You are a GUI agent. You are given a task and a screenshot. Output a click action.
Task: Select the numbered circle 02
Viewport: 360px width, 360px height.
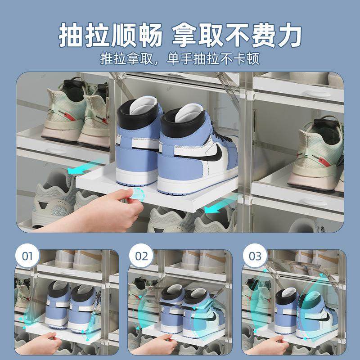pyautogui.click(x=141, y=256)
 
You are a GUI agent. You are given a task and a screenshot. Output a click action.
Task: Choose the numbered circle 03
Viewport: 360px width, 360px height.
pyautogui.click(x=255, y=256)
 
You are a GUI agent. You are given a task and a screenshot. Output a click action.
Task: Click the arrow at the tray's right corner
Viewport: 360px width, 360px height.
pyautogui.click(x=215, y=208)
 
